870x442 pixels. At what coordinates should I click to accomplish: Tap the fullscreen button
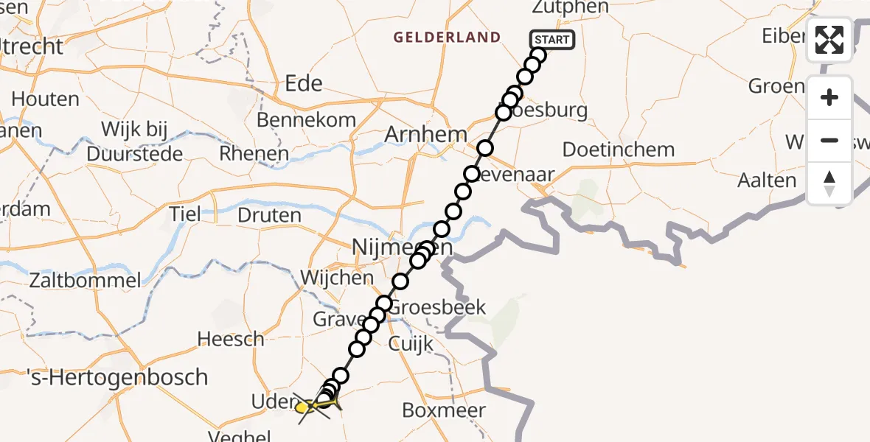pyautogui.click(x=829, y=40)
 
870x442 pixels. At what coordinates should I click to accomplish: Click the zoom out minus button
pyautogui.click(x=829, y=140)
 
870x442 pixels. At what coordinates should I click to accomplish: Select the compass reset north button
pyautogui.click(x=829, y=183)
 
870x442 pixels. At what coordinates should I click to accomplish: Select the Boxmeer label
pyautogui.click(x=445, y=410)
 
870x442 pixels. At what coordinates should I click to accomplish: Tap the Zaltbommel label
pyautogui.click(x=85, y=281)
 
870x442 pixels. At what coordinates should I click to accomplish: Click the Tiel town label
pyautogui.click(x=184, y=214)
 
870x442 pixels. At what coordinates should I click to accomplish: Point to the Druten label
pyautogui.click(x=270, y=216)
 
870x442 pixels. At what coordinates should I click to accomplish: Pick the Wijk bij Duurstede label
pyautogui.click(x=134, y=142)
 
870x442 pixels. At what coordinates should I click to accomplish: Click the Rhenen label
pyautogui.click(x=254, y=154)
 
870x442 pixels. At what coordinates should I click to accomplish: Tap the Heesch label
pyautogui.click(x=231, y=340)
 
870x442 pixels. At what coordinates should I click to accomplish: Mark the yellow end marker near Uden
pyautogui.click(x=304, y=406)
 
